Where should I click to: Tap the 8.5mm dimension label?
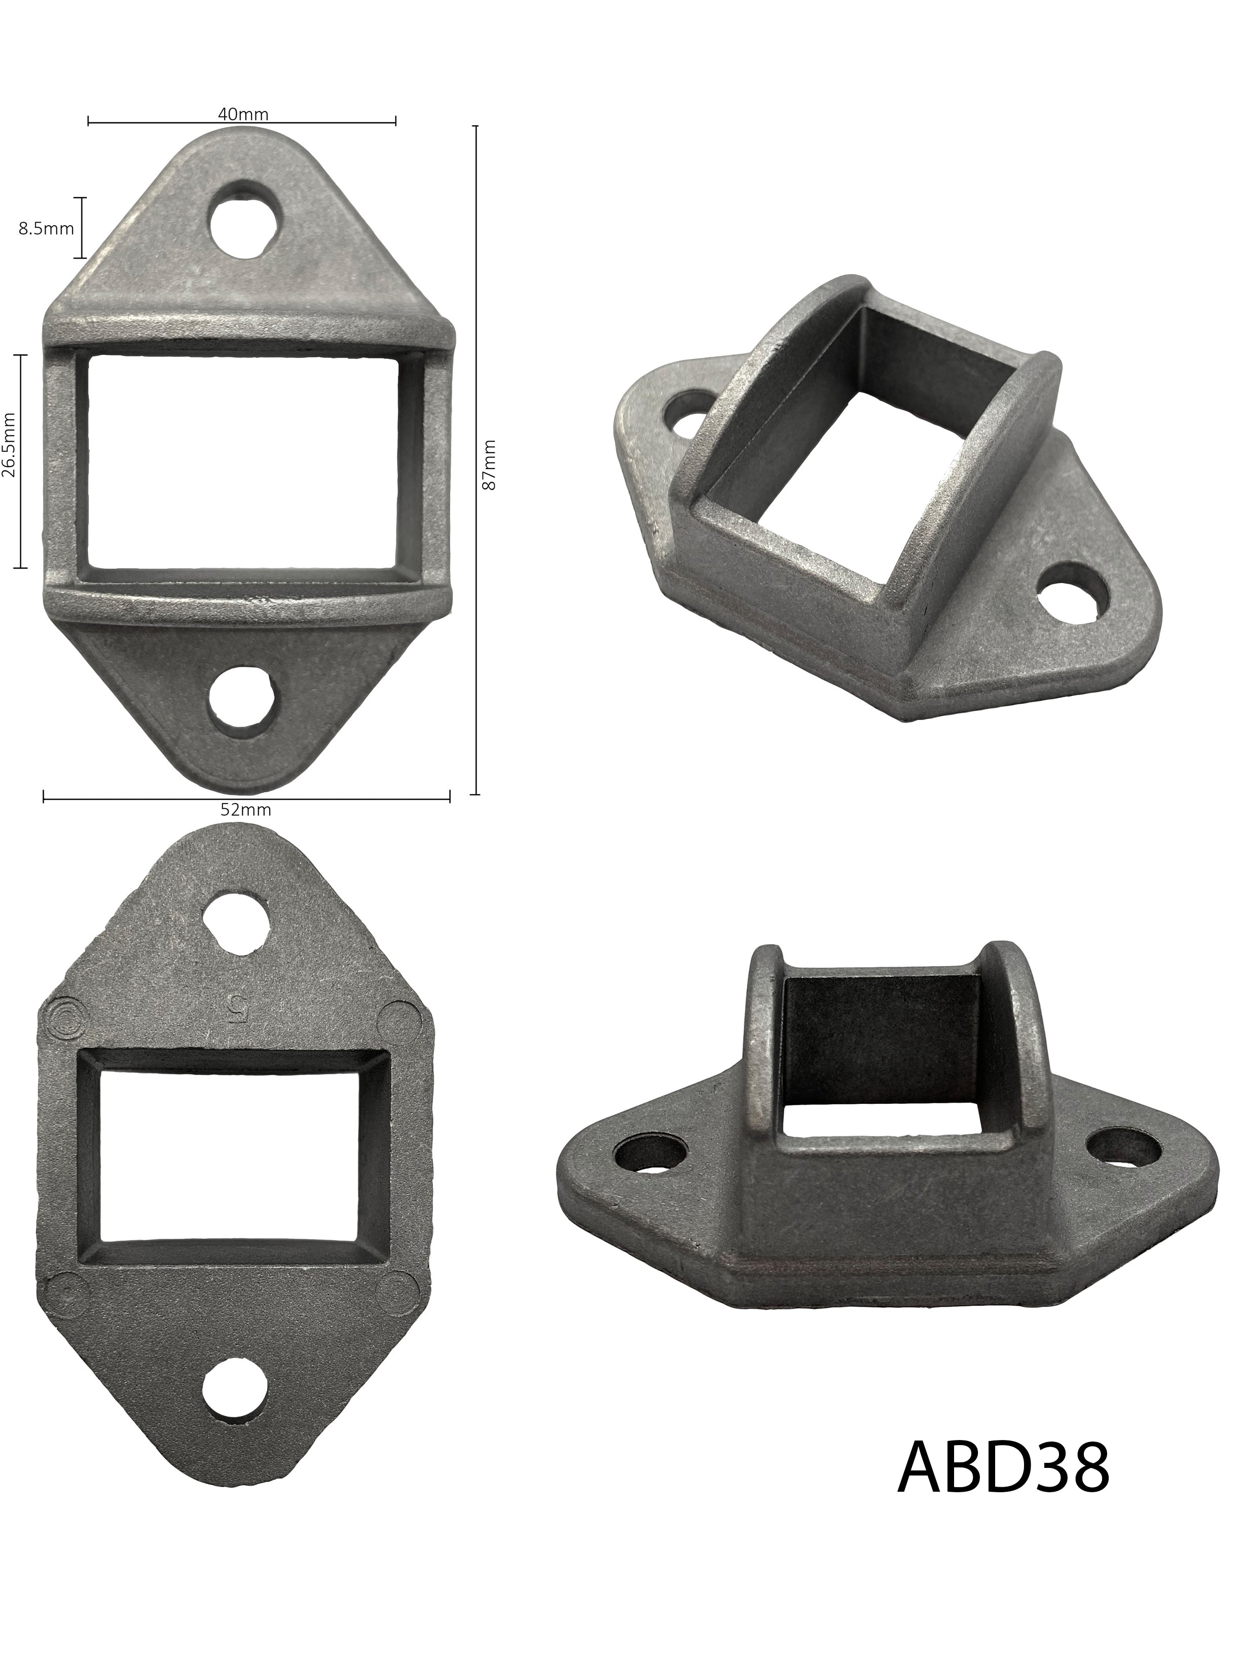46,228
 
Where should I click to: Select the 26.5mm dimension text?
10,461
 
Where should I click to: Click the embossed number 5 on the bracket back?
236,1010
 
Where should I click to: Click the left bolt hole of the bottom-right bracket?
650,1172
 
